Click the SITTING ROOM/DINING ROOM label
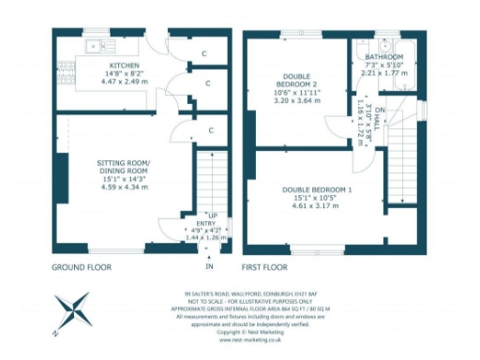pyautogui.click(x=124, y=167)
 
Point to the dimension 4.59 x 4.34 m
pyautogui.click(x=124, y=187)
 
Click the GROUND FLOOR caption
pyautogui.click(x=82, y=267)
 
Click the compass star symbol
pyautogui.click(x=71, y=313)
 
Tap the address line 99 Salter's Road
pyautogui.click(x=253, y=291)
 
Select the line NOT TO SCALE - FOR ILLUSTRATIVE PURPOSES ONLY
pyautogui.click(x=253, y=298)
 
